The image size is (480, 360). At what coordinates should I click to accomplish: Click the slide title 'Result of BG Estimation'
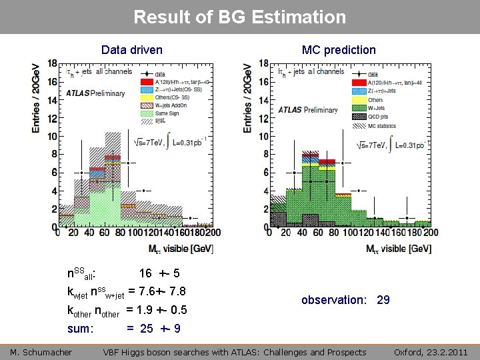[x=240, y=17]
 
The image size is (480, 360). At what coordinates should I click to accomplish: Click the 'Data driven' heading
[x=131, y=50]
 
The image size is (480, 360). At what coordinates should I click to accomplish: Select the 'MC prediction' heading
[x=339, y=50]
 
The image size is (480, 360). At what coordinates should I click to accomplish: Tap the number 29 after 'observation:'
[x=383, y=300]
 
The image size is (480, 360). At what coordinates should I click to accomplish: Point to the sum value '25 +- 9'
[x=159, y=329]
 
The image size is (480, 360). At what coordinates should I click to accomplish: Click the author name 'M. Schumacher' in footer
[x=41, y=352]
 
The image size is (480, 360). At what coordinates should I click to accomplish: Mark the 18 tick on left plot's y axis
[x=51, y=65]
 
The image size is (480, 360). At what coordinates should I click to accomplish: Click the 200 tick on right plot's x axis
[x=431, y=233]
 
